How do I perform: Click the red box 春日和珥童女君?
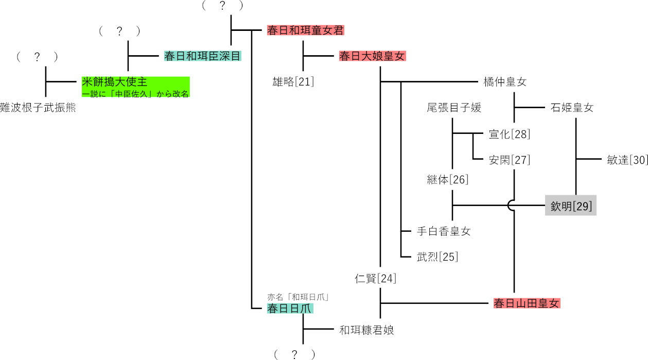(305, 30)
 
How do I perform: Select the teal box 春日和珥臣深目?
(203, 56)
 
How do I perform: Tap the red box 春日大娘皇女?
(372, 56)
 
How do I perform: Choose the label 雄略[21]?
(293, 81)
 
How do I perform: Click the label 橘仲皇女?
(505, 82)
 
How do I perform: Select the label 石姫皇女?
(572, 108)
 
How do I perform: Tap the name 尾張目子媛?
(453, 108)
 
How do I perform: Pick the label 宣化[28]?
(509, 134)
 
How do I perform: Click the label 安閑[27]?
(509, 160)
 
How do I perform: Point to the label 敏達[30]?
(627, 160)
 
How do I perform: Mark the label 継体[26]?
(447, 180)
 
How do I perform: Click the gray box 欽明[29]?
(571, 205)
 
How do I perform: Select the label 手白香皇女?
(444, 231)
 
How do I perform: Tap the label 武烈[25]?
(437, 256)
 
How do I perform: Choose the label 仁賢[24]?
(375, 279)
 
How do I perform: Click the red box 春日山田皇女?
(526, 303)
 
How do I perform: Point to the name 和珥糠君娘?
(366, 330)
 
